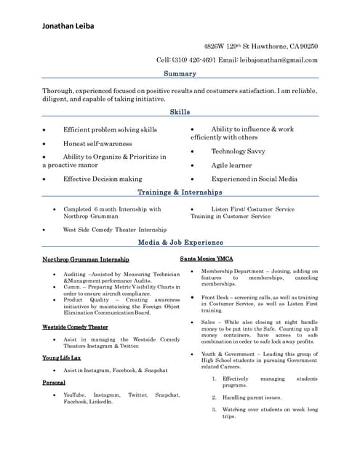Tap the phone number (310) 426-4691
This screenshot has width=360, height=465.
point(192,60)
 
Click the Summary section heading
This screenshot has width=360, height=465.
point(180,74)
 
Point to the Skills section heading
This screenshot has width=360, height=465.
point(180,112)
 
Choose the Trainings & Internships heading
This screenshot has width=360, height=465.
point(180,193)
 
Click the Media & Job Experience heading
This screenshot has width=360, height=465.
point(180,243)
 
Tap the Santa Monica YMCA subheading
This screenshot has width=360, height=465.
point(207,259)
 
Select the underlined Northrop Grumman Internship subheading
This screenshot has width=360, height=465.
point(86,259)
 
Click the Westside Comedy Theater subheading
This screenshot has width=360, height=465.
point(75,327)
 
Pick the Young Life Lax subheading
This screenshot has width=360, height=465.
point(61,358)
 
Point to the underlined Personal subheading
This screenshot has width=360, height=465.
point(54,382)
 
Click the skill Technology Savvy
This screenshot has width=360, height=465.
point(238,151)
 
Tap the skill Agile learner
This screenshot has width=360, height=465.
point(231,165)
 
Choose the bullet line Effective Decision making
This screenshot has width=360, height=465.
point(103,179)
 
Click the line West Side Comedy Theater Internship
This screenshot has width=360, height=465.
point(114,230)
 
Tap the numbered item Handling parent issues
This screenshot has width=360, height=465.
point(252,397)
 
